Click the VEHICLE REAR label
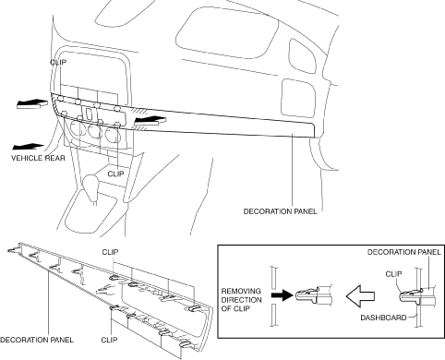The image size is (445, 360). [38, 158]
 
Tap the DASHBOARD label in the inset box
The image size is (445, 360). [383, 318]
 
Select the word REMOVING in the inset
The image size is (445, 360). [241, 291]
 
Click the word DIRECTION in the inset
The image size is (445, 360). [242, 300]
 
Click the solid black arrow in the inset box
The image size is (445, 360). [282, 295]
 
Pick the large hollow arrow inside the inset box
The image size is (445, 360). [360, 296]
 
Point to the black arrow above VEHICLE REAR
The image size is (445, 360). [29, 147]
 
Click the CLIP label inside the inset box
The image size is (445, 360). [393, 274]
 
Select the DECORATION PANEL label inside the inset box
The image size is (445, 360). [404, 252]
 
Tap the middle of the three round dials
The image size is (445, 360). [95, 131]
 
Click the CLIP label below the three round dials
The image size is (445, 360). [115, 174]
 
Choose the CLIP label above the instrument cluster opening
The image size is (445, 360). [58, 62]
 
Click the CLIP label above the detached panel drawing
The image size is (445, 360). [110, 252]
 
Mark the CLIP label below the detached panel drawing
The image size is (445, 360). [109, 340]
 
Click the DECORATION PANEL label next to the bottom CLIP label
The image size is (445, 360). [37, 340]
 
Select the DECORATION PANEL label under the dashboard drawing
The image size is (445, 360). [280, 211]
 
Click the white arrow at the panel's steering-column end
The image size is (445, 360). [32, 104]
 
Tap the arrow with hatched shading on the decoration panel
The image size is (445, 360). [150, 120]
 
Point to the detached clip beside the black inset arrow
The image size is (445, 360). [314, 295]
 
